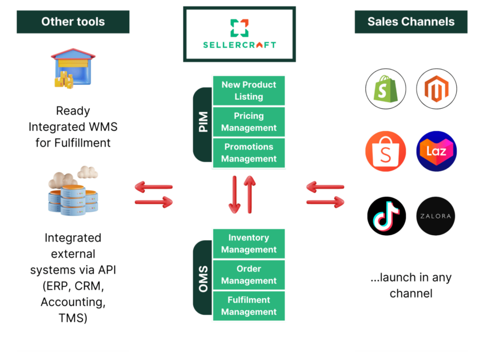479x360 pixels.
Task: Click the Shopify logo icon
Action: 385,89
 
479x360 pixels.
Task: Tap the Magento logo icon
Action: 437,89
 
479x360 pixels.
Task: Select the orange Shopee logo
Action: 385,152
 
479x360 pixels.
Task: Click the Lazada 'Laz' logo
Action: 437,152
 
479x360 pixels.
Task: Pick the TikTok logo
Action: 385,216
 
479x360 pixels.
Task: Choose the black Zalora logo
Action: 437,216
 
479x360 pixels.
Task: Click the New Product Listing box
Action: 248,91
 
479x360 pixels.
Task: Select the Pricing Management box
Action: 248,122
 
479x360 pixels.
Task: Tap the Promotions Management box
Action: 248,153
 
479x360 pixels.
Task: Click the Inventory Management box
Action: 248,244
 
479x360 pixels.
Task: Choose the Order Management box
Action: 248,275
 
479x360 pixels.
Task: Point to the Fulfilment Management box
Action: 248,306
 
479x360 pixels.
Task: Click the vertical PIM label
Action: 203,122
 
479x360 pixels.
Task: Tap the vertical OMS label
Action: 203,278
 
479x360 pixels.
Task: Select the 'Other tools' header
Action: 73,22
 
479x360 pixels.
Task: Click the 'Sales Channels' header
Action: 411,22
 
